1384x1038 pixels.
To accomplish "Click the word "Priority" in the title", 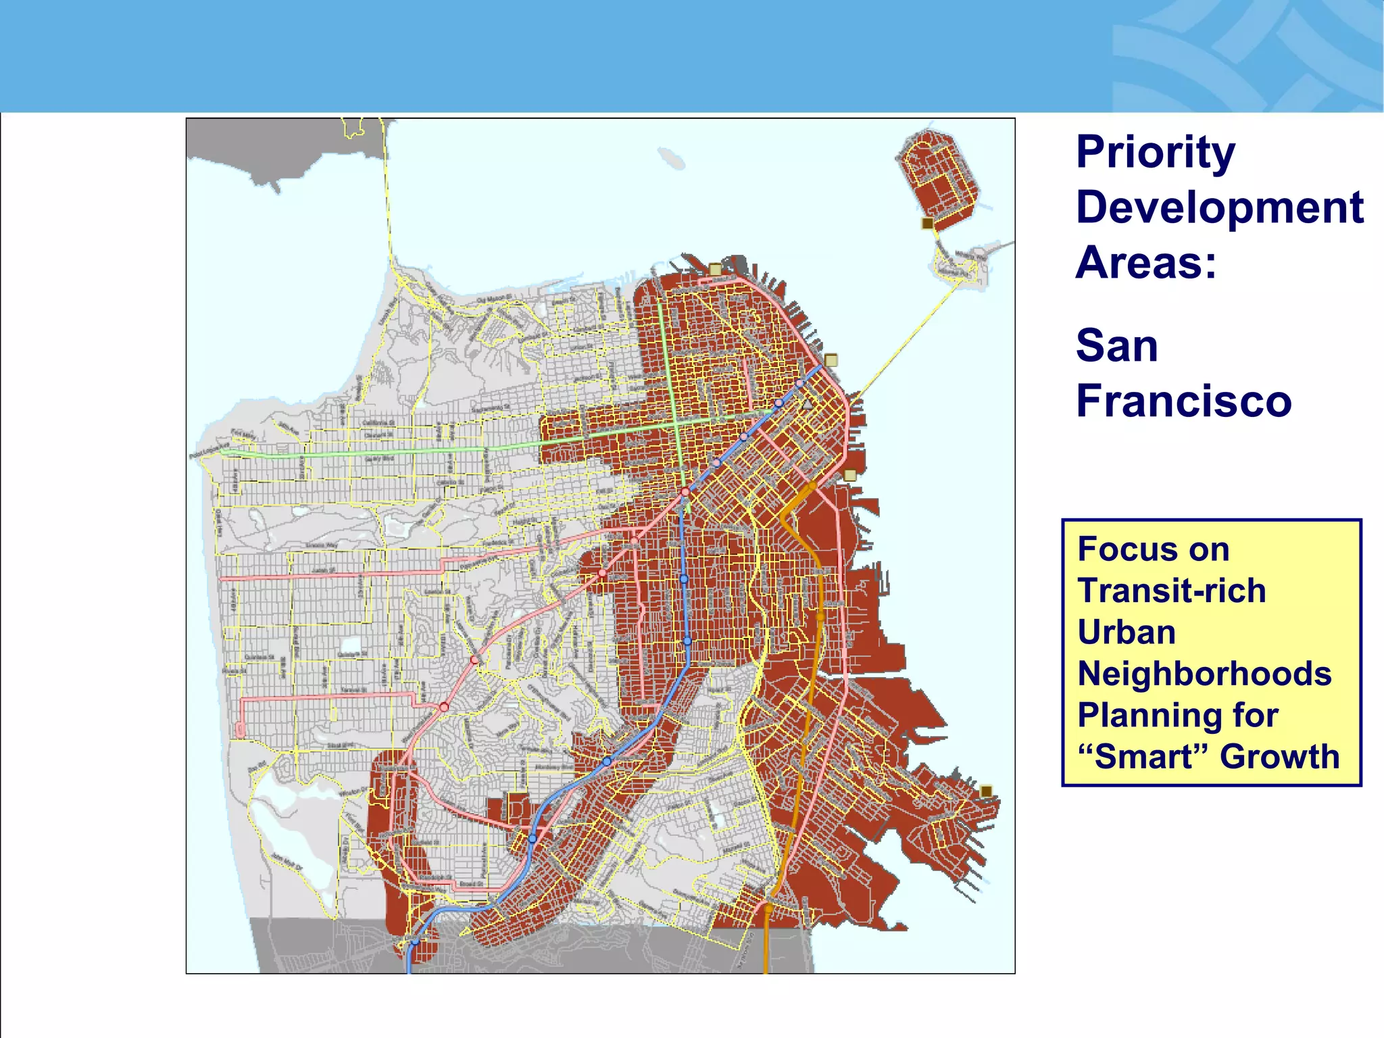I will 1155,153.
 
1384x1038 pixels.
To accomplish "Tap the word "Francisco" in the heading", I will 1183,401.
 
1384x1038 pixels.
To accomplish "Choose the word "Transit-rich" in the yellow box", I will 1171,591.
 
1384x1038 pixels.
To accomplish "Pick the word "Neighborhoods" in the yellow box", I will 1204,674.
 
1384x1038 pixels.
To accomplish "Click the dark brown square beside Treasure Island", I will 928,223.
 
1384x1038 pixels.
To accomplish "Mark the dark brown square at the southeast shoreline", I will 986,791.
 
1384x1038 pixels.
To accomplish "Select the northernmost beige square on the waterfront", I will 715,270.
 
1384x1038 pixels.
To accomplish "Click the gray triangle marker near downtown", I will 807,405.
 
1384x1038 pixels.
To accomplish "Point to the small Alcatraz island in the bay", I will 672,159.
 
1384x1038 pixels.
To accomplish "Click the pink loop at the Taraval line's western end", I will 240,730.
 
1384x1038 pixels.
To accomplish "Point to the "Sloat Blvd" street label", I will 341,745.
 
